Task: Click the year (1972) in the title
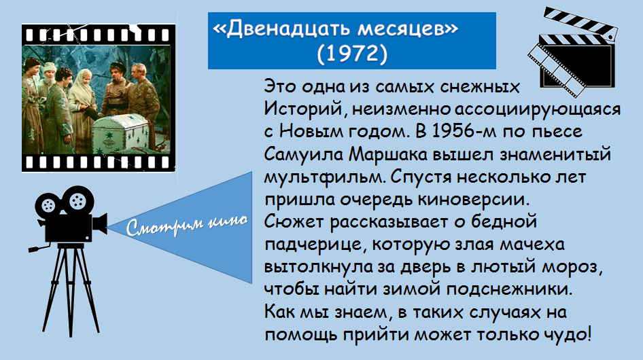click(352, 53)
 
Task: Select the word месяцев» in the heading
click(408, 29)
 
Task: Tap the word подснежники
click(509, 289)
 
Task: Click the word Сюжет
click(294, 222)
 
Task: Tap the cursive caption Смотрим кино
click(187, 225)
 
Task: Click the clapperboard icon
click(572, 52)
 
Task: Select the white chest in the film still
click(120, 134)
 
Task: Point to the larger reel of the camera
click(77, 201)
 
